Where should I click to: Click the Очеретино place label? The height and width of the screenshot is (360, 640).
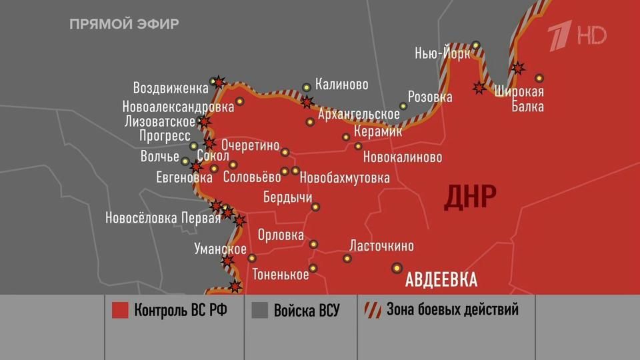(x=250, y=144)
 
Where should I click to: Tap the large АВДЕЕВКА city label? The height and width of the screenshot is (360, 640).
(x=441, y=279)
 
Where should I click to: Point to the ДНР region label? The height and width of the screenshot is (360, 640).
(x=470, y=197)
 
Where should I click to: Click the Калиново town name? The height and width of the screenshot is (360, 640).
(x=341, y=85)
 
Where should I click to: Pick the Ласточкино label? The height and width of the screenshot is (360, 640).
(x=381, y=246)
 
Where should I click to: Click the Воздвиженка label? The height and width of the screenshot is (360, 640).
(x=171, y=88)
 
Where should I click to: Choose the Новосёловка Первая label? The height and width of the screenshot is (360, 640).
(x=163, y=217)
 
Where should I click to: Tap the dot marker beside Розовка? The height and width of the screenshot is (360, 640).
(x=403, y=106)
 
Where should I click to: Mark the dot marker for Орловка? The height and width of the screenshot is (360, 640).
(x=313, y=244)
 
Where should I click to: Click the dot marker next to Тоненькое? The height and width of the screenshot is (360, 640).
(x=313, y=268)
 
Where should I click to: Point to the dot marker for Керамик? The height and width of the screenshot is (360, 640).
(x=346, y=137)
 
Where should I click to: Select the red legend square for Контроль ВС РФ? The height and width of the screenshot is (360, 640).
(x=120, y=310)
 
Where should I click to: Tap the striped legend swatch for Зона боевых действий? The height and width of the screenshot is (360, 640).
(x=373, y=310)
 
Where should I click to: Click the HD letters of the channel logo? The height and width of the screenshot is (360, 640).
(x=592, y=35)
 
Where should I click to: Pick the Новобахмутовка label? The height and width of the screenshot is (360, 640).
(x=345, y=178)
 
